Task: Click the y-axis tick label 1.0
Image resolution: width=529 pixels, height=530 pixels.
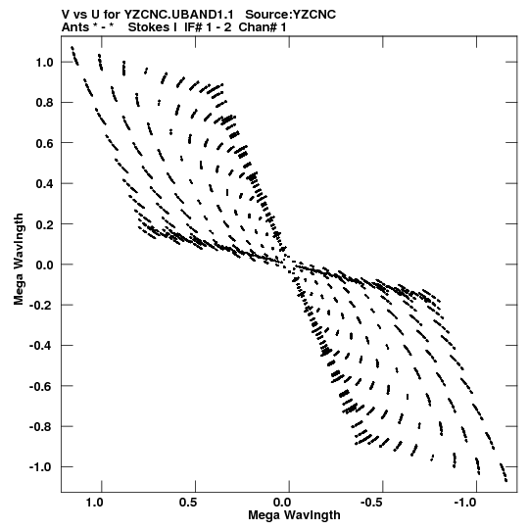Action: (x=44, y=63)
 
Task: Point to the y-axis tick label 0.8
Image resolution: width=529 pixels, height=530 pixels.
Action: (x=44, y=103)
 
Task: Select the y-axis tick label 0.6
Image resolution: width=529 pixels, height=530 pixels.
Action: (x=44, y=143)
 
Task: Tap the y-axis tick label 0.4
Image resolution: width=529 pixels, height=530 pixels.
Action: (x=44, y=184)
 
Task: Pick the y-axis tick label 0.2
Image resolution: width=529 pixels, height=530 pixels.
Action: (x=44, y=224)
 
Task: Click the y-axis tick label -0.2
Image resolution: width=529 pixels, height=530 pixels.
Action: (x=41, y=306)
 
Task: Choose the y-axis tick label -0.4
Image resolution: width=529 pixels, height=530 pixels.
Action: (x=41, y=346)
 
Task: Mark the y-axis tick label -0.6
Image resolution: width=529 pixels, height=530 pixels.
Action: (x=41, y=386)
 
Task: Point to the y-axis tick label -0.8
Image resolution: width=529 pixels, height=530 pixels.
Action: (x=41, y=427)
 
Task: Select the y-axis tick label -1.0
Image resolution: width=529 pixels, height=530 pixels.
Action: (x=41, y=467)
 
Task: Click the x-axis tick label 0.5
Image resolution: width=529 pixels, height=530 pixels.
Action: (x=188, y=503)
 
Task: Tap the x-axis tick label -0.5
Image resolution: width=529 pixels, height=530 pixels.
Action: (x=372, y=503)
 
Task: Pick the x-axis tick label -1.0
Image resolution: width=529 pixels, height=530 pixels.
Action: (x=465, y=503)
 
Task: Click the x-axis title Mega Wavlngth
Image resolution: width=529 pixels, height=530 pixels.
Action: (x=294, y=515)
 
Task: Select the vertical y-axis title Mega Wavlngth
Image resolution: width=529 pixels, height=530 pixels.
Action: (x=19, y=260)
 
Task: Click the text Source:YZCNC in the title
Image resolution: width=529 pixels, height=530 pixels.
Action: (x=290, y=15)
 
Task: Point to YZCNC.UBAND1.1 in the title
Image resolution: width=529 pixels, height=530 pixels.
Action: (x=179, y=15)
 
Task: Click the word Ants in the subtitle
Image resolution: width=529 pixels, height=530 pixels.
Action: (x=75, y=27)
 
